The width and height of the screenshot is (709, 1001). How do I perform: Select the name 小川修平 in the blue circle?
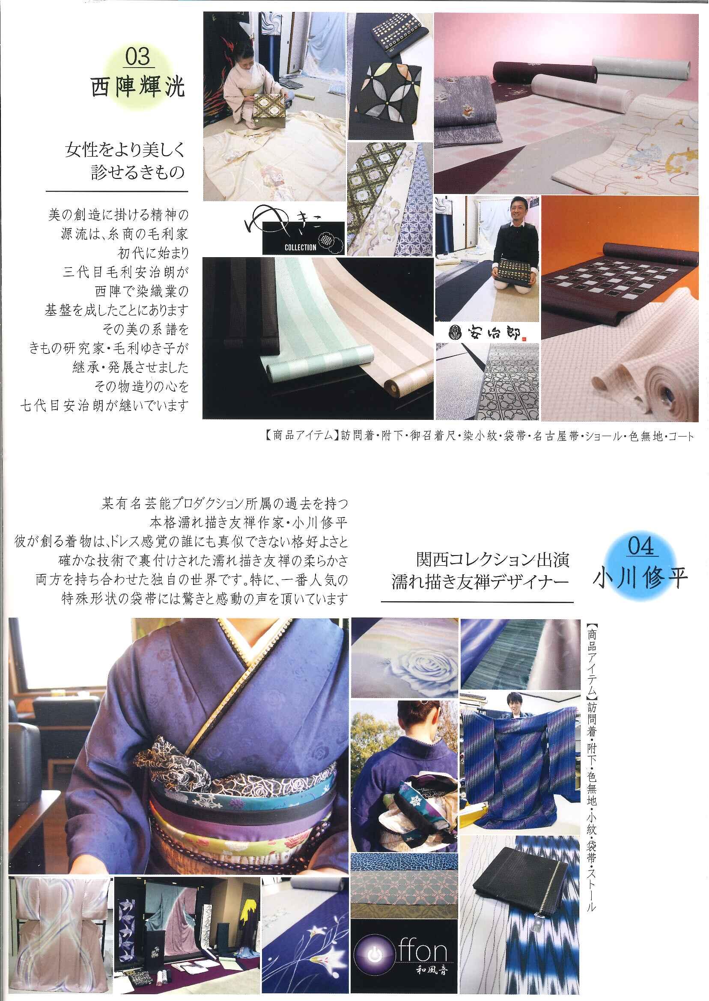pyautogui.click(x=640, y=577)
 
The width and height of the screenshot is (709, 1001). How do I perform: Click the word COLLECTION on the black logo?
pyautogui.click(x=301, y=248)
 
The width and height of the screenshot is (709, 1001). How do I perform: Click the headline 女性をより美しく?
pyautogui.click(x=125, y=151)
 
